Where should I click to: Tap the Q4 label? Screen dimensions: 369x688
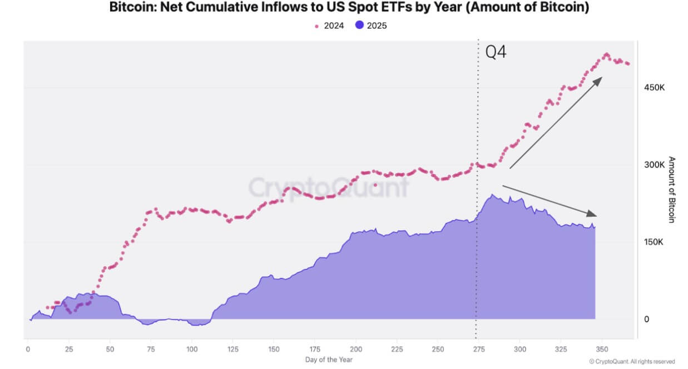coord(496,52)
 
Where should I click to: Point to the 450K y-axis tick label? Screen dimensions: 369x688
coord(655,88)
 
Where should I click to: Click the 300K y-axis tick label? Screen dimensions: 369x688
coord(655,165)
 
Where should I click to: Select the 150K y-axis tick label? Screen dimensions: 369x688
coord(655,242)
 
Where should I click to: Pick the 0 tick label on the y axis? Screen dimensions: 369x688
coord(647,320)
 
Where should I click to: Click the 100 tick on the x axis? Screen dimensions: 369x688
coord(192,349)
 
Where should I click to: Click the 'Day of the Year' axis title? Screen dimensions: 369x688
coord(329,360)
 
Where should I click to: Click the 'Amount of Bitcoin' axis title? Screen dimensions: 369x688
coord(671,190)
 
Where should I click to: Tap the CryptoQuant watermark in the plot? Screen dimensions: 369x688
coord(328,188)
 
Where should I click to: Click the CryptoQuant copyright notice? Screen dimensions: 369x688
coord(632,361)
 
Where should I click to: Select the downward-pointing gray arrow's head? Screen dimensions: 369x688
coord(594,215)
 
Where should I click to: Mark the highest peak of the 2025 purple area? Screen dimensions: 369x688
coord(493,195)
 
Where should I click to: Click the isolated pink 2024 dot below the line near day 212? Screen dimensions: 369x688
coord(376,185)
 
